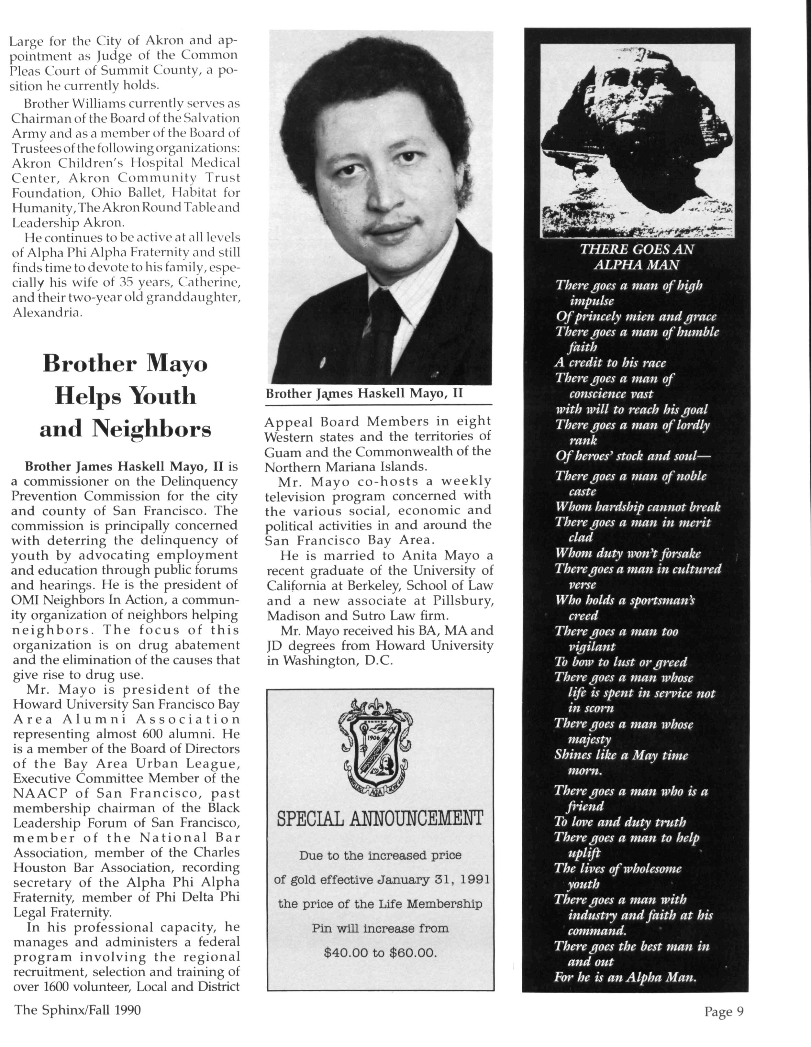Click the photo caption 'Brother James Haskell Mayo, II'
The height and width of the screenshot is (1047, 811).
[364, 394]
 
